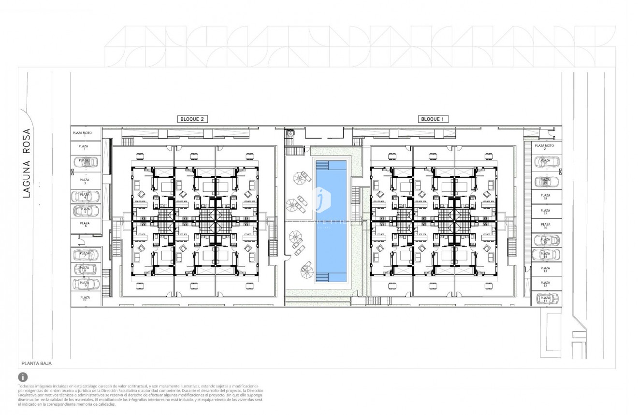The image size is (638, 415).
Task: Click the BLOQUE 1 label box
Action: click(x=432, y=119)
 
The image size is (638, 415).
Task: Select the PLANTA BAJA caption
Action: click(x=37, y=363)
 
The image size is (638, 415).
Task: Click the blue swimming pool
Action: click(x=331, y=221)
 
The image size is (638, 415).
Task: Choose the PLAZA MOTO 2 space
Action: click(x=545, y=147)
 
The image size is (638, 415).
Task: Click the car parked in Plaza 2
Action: click(x=86, y=162)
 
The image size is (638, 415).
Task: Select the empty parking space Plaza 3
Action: click(x=86, y=181)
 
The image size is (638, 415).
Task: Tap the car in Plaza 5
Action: click(x=86, y=211)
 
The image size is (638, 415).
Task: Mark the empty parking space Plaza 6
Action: click(x=86, y=225)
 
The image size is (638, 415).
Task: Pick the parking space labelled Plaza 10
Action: click(x=86, y=299)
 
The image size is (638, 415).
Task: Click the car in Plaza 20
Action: click(x=546, y=162)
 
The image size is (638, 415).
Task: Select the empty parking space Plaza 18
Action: click(x=546, y=197)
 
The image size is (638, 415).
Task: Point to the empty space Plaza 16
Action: click(x=546, y=225)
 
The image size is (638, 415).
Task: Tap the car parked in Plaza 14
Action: click(x=546, y=255)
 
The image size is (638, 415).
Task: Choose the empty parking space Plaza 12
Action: click(x=546, y=284)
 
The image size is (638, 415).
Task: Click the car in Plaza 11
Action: click(x=546, y=299)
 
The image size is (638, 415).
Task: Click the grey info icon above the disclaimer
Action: click(x=23, y=377)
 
